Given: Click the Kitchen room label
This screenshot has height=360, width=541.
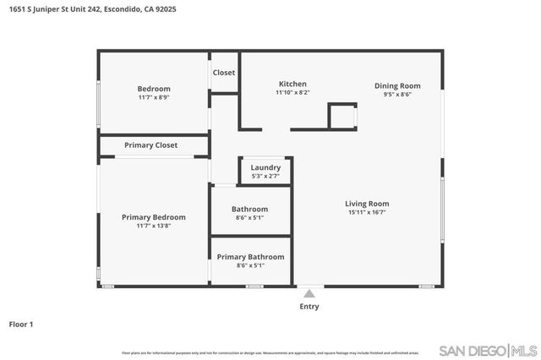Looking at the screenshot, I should point(292,84).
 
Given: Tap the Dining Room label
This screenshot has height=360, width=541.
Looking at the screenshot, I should point(397,85).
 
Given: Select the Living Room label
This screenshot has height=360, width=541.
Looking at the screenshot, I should point(367,204).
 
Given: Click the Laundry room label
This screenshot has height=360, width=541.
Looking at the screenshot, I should point(265,167).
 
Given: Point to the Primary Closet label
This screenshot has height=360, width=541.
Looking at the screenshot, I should point(151,145).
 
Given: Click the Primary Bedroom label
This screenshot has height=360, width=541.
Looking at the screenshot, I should point(153,217).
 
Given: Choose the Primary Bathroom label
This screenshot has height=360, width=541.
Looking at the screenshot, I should point(250,257).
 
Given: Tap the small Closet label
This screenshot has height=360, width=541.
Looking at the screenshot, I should point(224,73).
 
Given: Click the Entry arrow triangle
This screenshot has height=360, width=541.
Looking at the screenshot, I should point(309,294).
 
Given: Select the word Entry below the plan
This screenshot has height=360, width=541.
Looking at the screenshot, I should point(309,307).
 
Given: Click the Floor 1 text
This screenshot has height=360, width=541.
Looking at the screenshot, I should point(21,324).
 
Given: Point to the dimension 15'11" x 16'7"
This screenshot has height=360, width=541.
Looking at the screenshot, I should point(367,212).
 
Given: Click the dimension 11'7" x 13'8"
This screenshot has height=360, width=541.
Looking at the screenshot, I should point(153,226).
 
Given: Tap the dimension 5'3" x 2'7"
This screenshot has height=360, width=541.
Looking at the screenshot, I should point(265,176).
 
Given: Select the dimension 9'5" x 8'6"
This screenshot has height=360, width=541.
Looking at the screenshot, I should point(397,94).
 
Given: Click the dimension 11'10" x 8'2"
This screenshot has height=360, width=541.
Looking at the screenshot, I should point(292,92).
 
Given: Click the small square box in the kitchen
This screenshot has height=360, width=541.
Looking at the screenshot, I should point(342,115).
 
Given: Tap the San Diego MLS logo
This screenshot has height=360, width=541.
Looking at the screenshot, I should point(489,350).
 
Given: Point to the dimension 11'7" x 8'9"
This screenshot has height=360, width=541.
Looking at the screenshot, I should point(154,97).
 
